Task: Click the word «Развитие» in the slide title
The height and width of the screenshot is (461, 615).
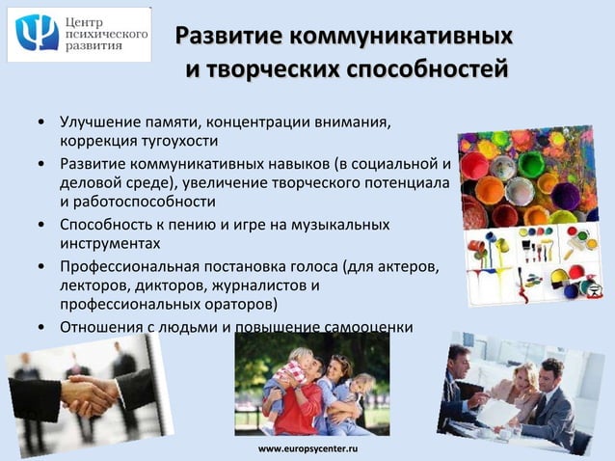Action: tap(219, 38)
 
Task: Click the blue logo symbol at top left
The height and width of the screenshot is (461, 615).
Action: tap(37, 34)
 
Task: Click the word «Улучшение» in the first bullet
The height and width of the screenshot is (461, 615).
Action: tap(101, 122)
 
